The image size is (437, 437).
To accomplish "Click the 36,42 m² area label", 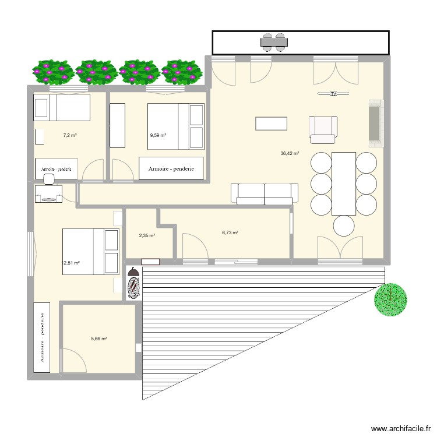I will pyautogui.click(x=290, y=154).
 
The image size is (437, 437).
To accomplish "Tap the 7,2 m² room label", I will pyautogui.click(x=71, y=135).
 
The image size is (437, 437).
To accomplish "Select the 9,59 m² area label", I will pyautogui.click(x=158, y=135).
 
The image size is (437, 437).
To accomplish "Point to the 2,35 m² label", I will pyautogui.click(x=146, y=235).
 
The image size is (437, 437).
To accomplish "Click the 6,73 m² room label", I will pyautogui.click(x=230, y=232).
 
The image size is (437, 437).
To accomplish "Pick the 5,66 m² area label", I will pyautogui.click(x=99, y=338).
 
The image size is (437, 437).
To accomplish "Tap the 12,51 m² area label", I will pyautogui.click(x=70, y=263).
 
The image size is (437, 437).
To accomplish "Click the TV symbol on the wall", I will pyautogui.click(x=333, y=93).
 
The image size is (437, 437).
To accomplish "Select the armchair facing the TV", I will pyautogui.click(x=323, y=129).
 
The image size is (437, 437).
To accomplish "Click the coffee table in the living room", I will pyautogui.click(x=271, y=124).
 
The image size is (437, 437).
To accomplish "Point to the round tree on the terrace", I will pyautogui.click(x=390, y=299).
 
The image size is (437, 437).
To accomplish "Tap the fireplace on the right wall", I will pyautogui.click(x=375, y=121).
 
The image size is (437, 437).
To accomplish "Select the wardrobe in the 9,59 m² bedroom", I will pyautogui.click(x=171, y=168).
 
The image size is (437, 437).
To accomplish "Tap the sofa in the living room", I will pyautogui.click(x=265, y=193).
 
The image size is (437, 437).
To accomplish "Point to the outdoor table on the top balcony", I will pyautogui.click(x=273, y=41).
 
